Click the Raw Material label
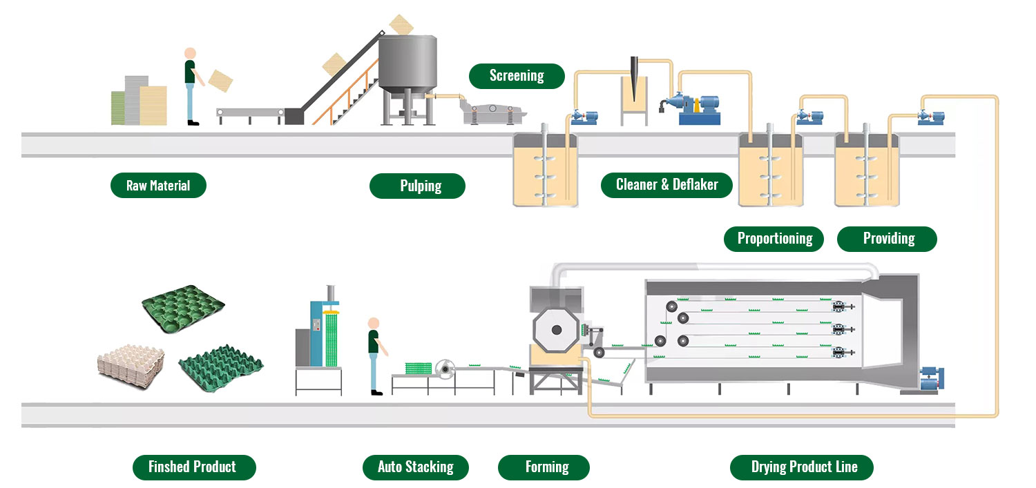click(x=158, y=185)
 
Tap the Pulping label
click(x=417, y=186)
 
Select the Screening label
click(x=517, y=76)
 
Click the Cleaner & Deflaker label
click(x=666, y=185)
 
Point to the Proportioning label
click(x=774, y=239)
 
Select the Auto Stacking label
click(x=415, y=467)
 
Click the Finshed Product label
click(x=194, y=467)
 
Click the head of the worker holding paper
click(x=190, y=53)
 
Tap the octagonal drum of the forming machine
click(x=557, y=333)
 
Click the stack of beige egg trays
click(x=131, y=360)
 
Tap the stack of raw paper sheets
click(x=140, y=100)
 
